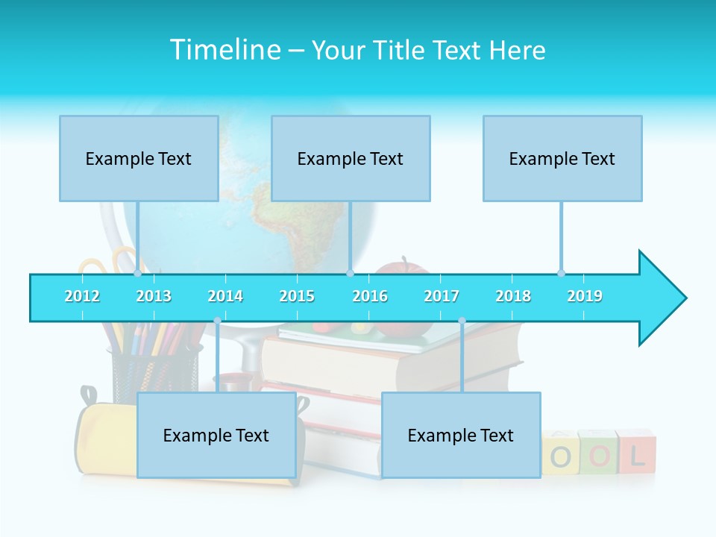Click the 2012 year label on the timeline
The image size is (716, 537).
pyautogui.click(x=82, y=296)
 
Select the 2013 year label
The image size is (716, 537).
pyautogui.click(x=154, y=296)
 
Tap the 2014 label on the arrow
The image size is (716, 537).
pyautogui.click(x=225, y=296)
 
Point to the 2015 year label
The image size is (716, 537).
pyautogui.click(x=297, y=296)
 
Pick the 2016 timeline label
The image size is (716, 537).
pyautogui.click(x=370, y=296)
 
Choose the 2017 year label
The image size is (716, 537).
pyautogui.click(x=442, y=296)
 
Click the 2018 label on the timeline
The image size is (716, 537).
pyautogui.click(x=513, y=296)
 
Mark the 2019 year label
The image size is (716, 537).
pyautogui.click(x=585, y=296)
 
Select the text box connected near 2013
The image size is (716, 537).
pyautogui.click(x=139, y=158)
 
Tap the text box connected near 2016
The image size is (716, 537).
pyautogui.click(x=351, y=158)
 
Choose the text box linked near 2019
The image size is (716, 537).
pyautogui.click(x=562, y=158)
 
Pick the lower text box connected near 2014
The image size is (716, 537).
pyautogui.click(x=216, y=435)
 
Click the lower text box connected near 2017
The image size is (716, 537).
pyautogui.click(x=461, y=435)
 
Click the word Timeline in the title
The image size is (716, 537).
pyautogui.click(x=223, y=50)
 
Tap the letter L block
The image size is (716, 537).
pyautogui.click(x=636, y=453)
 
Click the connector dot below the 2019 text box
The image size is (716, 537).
pyautogui.click(x=561, y=273)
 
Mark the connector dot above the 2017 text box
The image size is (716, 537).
pyautogui.click(x=462, y=321)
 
